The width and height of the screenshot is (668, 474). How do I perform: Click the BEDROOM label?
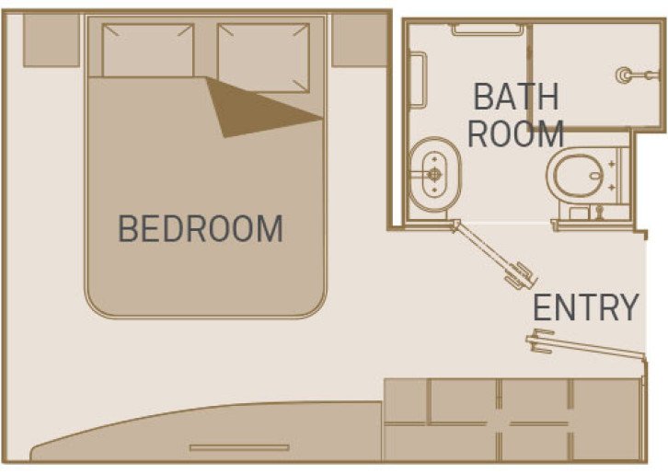point(201,227)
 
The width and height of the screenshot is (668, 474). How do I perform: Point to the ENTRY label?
point(586,307)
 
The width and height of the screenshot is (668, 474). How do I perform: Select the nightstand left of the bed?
point(50,40)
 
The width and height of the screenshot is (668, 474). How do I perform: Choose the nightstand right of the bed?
point(358,40)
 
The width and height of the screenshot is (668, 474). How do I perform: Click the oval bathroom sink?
point(432,173)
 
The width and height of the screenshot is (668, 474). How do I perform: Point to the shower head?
point(630,71)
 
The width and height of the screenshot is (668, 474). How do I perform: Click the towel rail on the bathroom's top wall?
point(488,29)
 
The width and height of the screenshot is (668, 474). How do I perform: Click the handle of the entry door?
point(536,341)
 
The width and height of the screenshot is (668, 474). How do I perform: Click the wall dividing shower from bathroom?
point(531,74)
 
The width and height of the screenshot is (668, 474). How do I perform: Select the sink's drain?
point(432,173)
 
